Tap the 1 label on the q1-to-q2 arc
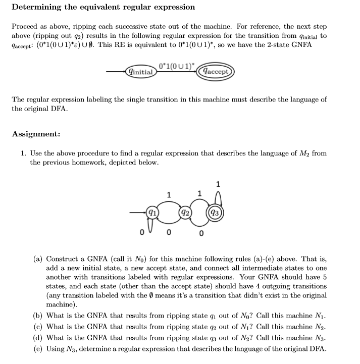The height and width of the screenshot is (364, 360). [x=169, y=195]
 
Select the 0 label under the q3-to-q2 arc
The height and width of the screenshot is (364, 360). [x=201, y=233]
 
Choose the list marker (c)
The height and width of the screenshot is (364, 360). [x=38, y=327]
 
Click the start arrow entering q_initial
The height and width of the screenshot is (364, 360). [x=116, y=72]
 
